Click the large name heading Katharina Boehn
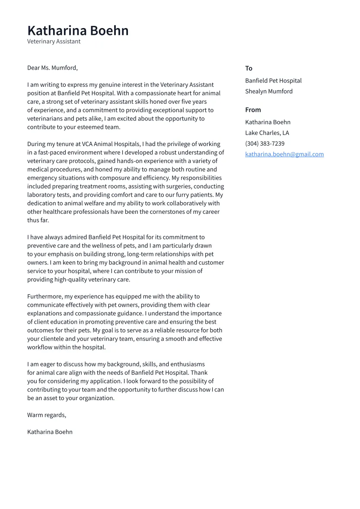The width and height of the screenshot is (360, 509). pos(78,31)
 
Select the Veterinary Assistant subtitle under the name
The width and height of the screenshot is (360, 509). pos(54,41)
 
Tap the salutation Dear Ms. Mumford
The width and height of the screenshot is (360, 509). pos(52,68)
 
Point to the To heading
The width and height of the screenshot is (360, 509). pos(248,68)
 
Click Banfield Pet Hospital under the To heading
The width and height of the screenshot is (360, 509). pos(273,81)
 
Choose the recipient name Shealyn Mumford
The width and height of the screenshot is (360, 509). pos(269,91)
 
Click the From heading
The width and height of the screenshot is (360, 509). pos(253,110)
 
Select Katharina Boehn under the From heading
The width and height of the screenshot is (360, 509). pos(268,122)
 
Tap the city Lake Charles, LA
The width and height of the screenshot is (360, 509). pos(267,133)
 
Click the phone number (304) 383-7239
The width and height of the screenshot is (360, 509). pos(264,143)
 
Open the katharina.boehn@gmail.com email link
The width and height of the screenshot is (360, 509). pos(284,154)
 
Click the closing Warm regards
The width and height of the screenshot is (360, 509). pos(47,415)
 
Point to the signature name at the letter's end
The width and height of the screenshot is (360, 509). pos(50,432)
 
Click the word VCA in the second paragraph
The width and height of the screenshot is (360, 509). pos(88,144)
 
